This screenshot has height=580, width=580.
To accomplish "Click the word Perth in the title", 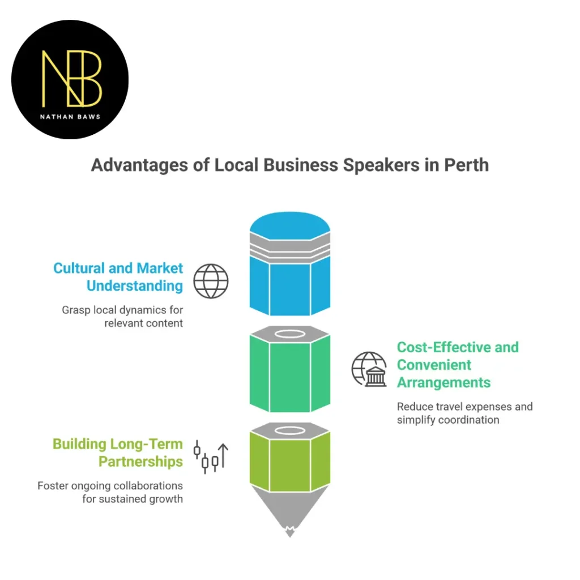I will (466, 165).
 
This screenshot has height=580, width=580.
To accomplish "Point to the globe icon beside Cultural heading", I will (211, 281).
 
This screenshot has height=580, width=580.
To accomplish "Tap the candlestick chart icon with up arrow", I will (211, 457).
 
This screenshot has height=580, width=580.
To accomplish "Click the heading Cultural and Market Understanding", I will (118, 277).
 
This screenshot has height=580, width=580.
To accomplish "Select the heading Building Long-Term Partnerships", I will (118, 453).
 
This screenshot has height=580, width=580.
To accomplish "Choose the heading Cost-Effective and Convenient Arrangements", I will (457, 365).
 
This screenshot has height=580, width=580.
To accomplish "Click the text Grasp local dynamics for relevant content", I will (122, 317).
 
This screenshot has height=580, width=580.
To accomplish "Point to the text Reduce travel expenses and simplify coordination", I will (464, 413).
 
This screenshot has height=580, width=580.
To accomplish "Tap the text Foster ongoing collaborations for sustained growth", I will (110, 492).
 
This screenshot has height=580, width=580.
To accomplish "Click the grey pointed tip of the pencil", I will (289, 513).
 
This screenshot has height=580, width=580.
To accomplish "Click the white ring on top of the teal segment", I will (289, 334).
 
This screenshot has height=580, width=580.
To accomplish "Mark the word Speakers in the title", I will (369, 165).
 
